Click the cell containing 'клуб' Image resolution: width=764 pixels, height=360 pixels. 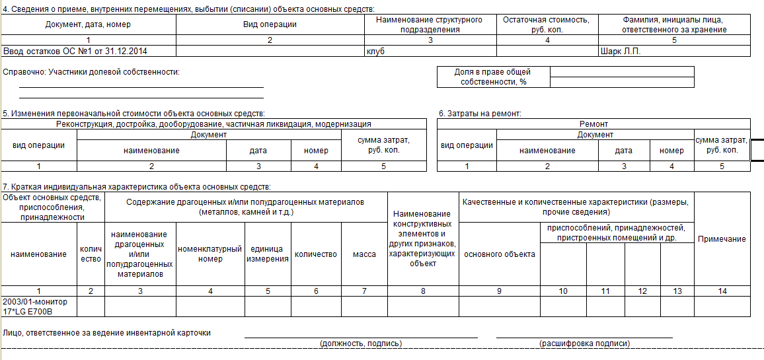pos(375,51)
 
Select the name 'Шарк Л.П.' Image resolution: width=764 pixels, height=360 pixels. pos(620,51)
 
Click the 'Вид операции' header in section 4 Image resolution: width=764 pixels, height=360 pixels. pos(270,24)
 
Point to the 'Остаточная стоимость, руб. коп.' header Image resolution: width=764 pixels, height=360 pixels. pos(546,24)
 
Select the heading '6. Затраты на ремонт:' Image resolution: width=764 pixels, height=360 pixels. pos(480,114)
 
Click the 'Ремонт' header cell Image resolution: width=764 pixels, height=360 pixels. pos(593,124)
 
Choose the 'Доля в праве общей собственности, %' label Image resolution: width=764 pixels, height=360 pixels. pos(493,77)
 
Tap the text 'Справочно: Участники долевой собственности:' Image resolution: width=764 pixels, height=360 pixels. pos(91,71)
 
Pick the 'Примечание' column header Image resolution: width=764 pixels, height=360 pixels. pos(722,239)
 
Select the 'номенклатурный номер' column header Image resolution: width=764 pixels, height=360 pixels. pos(210,254)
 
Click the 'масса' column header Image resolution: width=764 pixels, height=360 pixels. pos(364,254)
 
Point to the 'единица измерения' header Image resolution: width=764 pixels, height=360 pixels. pos(268,254)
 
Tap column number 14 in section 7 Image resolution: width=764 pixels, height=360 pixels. pos(722,291)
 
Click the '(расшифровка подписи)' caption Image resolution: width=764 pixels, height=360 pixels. pos(584,343)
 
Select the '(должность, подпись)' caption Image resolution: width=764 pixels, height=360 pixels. pos(360,343)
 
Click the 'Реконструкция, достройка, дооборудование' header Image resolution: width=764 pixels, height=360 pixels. pos(213,124)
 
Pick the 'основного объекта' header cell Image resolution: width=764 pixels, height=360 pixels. pos(500,254)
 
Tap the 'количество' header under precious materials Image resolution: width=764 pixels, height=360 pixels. pos(316,254)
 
